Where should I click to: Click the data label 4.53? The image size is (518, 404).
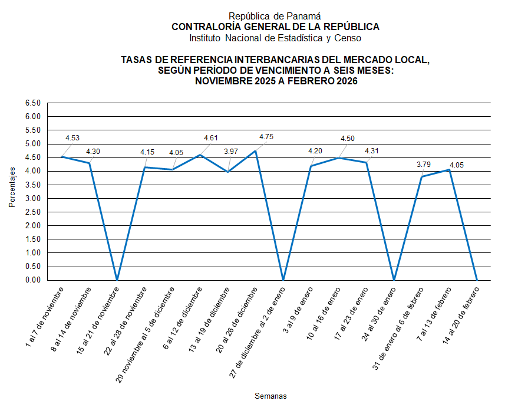[x=72, y=138]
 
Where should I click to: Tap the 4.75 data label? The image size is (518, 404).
[x=266, y=137]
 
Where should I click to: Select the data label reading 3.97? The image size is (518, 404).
[x=232, y=152]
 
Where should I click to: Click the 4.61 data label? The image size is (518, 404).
[x=210, y=138]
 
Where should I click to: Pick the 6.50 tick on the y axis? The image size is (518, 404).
[x=33, y=103]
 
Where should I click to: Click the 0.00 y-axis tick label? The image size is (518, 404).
[x=33, y=280]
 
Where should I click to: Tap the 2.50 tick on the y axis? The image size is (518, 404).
[x=33, y=212]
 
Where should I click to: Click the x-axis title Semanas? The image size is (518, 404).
[x=270, y=395]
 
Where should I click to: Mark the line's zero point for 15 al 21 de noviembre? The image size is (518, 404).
[x=117, y=280]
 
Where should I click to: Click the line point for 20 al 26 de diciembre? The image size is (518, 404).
[x=256, y=151]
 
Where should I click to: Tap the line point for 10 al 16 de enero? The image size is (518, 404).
[x=338, y=157]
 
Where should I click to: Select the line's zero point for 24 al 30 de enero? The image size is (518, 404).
[x=394, y=280]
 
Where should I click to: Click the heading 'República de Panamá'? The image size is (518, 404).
[x=275, y=17]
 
